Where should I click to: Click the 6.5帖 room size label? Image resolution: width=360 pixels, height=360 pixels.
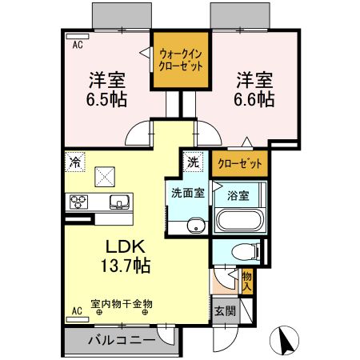pos(106,101)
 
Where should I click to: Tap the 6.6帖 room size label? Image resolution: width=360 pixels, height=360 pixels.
pos(254,100)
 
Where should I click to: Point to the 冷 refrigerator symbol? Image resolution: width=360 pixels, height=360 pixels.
pos(74,160)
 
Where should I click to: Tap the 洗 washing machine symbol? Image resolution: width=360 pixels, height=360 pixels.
pos(194,160)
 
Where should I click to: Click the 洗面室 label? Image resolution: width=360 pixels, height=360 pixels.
pos(186,193)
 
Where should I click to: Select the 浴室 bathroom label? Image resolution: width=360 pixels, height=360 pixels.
pos(236,194)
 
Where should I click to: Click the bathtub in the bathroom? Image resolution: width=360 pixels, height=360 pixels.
pos(237,222)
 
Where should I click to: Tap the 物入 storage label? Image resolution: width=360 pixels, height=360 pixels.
pos(247,281)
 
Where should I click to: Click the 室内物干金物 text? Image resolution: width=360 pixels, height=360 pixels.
pos(120,303)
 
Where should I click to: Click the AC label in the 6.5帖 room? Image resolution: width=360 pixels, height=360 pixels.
pos(78,46)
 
